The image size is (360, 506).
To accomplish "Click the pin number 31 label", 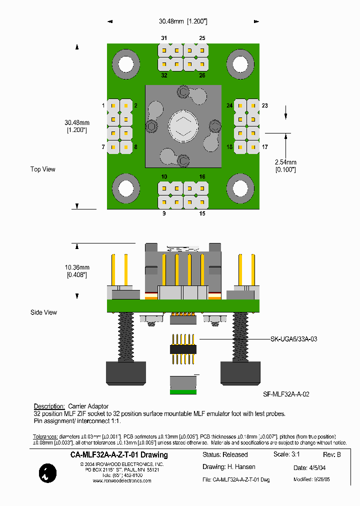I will (x=164, y=38).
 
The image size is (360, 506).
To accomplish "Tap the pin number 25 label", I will (x=202, y=38).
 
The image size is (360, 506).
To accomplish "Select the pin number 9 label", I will (x=164, y=213).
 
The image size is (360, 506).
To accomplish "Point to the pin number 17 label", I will (x=264, y=147).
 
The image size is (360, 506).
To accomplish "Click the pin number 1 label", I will (x=103, y=105).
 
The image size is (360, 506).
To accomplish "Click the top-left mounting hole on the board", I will (x=125, y=63).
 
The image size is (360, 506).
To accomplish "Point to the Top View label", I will (x=43, y=169).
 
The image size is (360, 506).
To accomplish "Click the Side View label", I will (x=44, y=312).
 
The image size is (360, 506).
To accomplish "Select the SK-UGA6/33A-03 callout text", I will (x=293, y=339).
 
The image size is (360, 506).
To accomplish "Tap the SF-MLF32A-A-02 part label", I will (x=286, y=394).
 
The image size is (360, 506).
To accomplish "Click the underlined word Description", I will (x=49, y=406).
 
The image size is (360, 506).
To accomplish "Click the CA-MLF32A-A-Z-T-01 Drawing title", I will (x=119, y=455).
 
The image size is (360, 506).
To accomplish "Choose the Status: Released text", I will (x=225, y=455).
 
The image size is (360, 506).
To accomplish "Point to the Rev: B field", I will (x=332, y=455).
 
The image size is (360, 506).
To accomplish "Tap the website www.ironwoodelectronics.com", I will (x=122, y=481).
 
